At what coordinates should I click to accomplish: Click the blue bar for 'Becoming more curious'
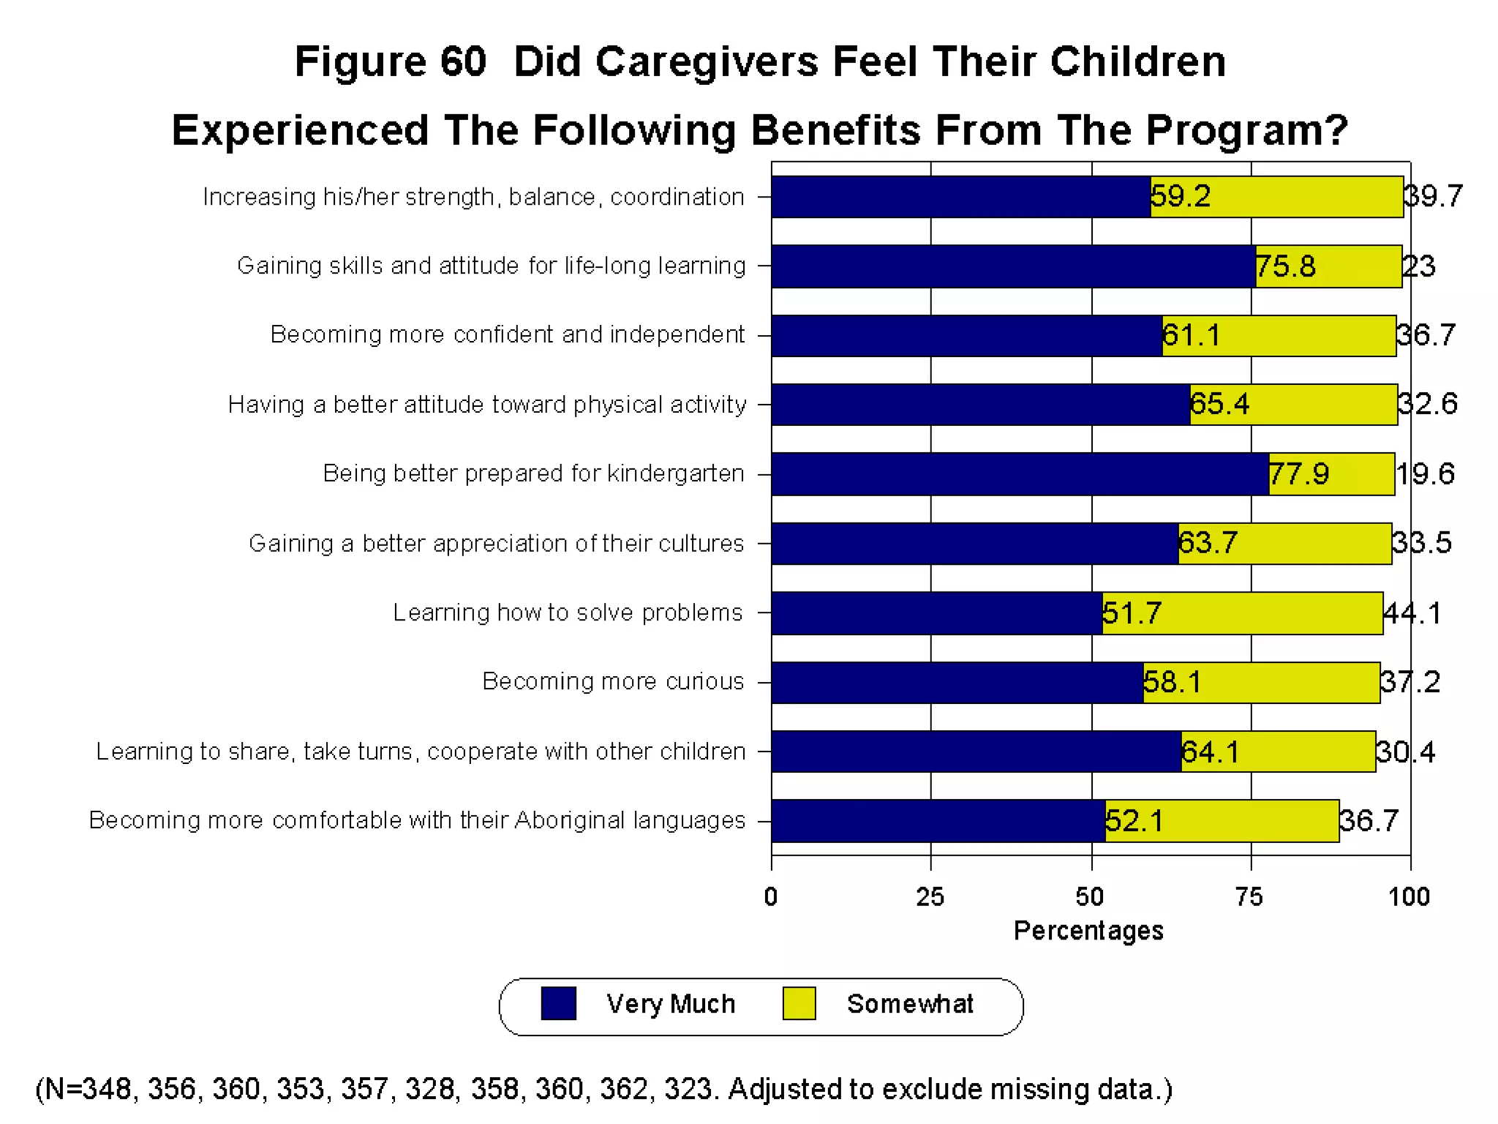tap(957, 683)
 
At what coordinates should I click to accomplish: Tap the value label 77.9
tap(1299, 474)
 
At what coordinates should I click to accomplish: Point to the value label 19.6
tap(1426, 474)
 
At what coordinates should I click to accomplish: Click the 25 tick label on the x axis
tap(930, 896)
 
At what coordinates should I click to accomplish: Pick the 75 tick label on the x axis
tap(1249, 896)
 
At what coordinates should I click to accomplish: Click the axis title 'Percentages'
tap(1088, 931)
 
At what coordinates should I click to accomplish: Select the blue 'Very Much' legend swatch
tap(558, 1003)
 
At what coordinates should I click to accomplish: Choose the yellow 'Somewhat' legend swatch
tap(799, 1003)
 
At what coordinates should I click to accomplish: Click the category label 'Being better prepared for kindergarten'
tap(533, 473)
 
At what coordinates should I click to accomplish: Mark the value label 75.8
tap(1286, 266)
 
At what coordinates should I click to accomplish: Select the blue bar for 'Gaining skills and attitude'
tap(1013, 266)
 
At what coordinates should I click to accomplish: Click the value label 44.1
tap(1412, 613)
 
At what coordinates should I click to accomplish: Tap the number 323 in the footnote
tap(688, 1089)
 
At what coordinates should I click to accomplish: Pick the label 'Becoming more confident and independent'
tap(508, 334)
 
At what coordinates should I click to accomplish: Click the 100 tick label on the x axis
tap(1409, 896)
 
